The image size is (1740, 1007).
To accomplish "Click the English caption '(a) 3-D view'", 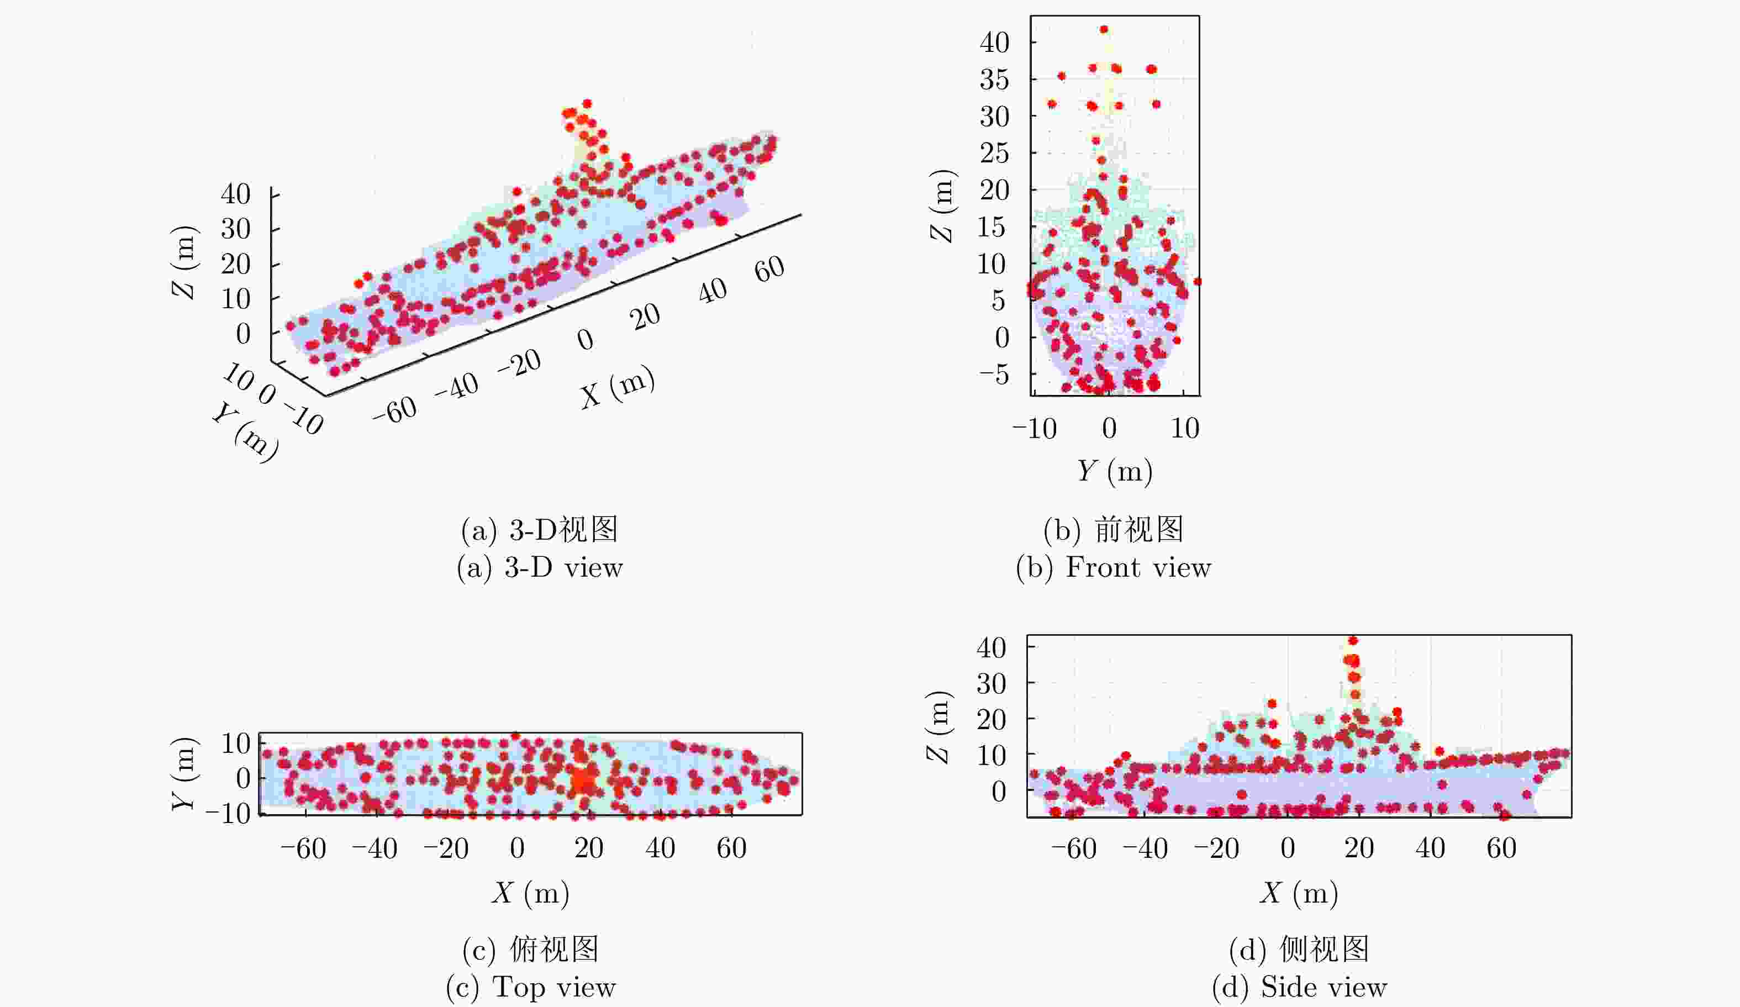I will (539, 568).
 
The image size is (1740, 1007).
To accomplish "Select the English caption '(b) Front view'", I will (1113, 568).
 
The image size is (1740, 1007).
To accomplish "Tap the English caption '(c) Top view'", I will (530, 987).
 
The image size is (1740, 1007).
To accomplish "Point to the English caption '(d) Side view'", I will (1299, 987).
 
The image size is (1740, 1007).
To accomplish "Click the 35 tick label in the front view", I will (994, 80).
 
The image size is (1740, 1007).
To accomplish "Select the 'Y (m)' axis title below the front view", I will (1115, 471).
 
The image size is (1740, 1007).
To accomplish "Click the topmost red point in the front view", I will (1104, 30).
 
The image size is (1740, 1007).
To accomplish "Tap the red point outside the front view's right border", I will (1198, 282).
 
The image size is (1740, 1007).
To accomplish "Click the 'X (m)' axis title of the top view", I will (530, 893).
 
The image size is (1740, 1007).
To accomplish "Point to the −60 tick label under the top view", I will (303, 848).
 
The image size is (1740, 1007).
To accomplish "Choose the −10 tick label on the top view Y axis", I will (228, 814).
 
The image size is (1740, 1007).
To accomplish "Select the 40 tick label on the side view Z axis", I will (991, 648).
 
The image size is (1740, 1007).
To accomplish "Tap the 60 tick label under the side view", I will (1501, 848).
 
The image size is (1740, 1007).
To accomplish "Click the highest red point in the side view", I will (1353, 641).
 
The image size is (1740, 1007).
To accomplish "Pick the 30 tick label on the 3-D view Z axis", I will (235, 229).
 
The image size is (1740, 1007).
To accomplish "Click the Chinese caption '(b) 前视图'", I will (1113, 530).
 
